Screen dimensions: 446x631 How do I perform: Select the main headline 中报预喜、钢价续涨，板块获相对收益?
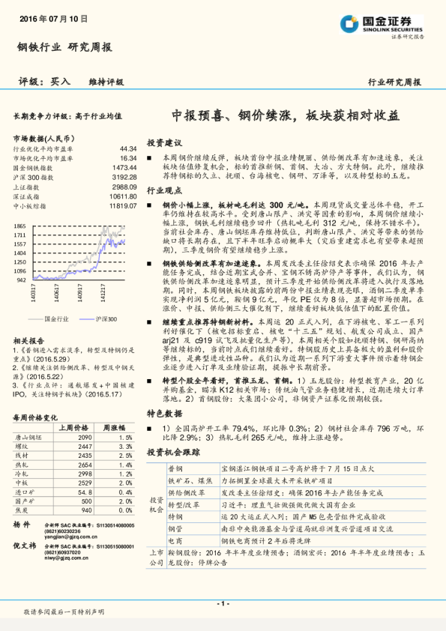286,116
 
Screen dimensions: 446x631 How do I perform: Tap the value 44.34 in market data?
127,149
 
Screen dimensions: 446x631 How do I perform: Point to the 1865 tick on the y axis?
20,226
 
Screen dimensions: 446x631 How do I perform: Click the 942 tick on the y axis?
22,279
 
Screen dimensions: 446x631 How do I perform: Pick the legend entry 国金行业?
56,319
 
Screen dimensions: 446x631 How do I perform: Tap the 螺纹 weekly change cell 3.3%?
125,446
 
